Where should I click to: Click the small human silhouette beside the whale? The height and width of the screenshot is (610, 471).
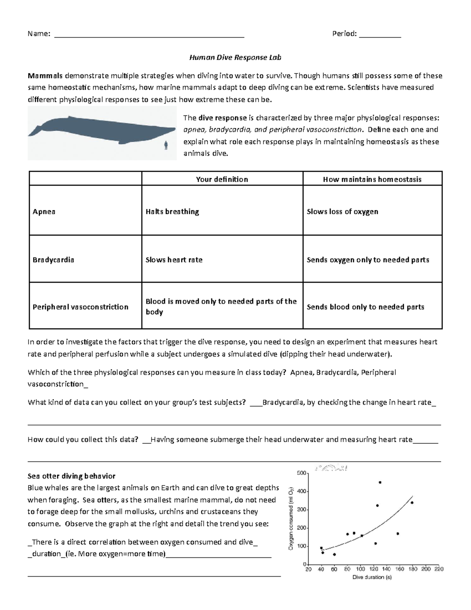[166, 146]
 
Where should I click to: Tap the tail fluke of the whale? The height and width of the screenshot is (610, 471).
[35, 130]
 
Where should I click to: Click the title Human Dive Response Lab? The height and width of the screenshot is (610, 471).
[235, 57]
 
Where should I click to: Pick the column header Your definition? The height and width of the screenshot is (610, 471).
[222, 179]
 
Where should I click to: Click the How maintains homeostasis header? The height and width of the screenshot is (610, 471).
[372, 179]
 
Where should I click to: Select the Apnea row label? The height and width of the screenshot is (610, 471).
[44, 212]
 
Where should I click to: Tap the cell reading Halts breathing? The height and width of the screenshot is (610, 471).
[172, 212]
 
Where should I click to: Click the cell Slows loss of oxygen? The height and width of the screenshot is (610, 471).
[342, 212]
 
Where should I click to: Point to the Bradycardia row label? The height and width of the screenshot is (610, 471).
[53, 260]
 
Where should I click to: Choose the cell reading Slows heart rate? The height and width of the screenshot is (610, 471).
[174, 260]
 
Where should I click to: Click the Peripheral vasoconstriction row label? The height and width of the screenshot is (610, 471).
[80, 307]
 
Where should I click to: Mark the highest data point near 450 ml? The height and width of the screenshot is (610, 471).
[380, 482]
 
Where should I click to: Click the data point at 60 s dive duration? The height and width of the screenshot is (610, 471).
[334, 554]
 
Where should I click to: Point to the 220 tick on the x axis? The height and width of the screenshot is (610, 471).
[439, 569]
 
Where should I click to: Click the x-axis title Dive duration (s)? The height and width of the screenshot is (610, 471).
[372, 577]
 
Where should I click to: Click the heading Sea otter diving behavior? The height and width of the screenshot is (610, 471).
[71, 476]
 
